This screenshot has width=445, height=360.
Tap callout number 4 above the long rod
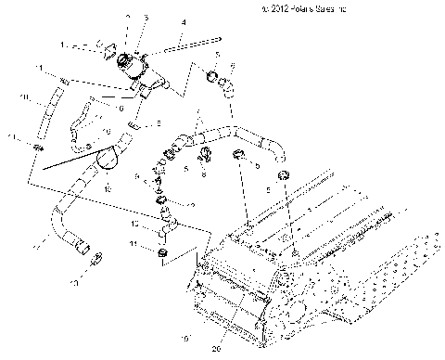[x=183, y=21]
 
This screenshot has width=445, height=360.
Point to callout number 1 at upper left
[x=62, y=44]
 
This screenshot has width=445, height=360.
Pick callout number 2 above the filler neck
[x=127, y=18]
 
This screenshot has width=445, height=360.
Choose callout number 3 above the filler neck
[x=146, y=18]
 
